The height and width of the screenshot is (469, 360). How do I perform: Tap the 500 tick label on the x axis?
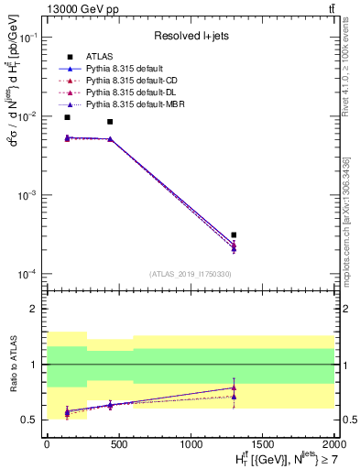tap(118, 443)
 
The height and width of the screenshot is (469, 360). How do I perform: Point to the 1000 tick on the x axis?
tap(191, 443)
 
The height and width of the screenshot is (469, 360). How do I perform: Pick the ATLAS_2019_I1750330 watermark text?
tap(190, 274)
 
